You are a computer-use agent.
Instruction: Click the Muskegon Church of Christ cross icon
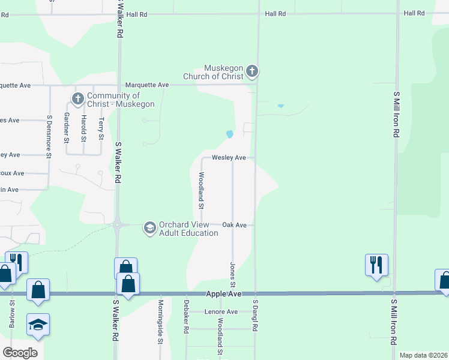[x=252, y=72]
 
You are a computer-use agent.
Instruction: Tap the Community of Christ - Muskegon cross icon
[x=77, y=98]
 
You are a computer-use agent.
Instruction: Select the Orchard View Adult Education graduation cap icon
[x=149, y=227]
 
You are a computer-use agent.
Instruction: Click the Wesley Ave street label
[x=229, y=158]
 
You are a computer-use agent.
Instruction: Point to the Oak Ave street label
[x=235, y=225]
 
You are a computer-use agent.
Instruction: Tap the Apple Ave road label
[x=223, y=294]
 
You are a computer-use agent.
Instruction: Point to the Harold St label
[x=83, y=125]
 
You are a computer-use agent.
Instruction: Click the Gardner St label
[x=67, y=127]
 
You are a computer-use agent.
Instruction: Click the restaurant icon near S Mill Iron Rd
[x=376, y=263]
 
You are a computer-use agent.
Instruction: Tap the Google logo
[x=20, y=353]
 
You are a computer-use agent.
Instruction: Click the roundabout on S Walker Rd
[x=117, y=225]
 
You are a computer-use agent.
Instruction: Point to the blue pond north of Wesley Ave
[x=229, y=134]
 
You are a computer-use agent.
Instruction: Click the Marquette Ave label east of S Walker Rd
[x=147, y=85]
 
